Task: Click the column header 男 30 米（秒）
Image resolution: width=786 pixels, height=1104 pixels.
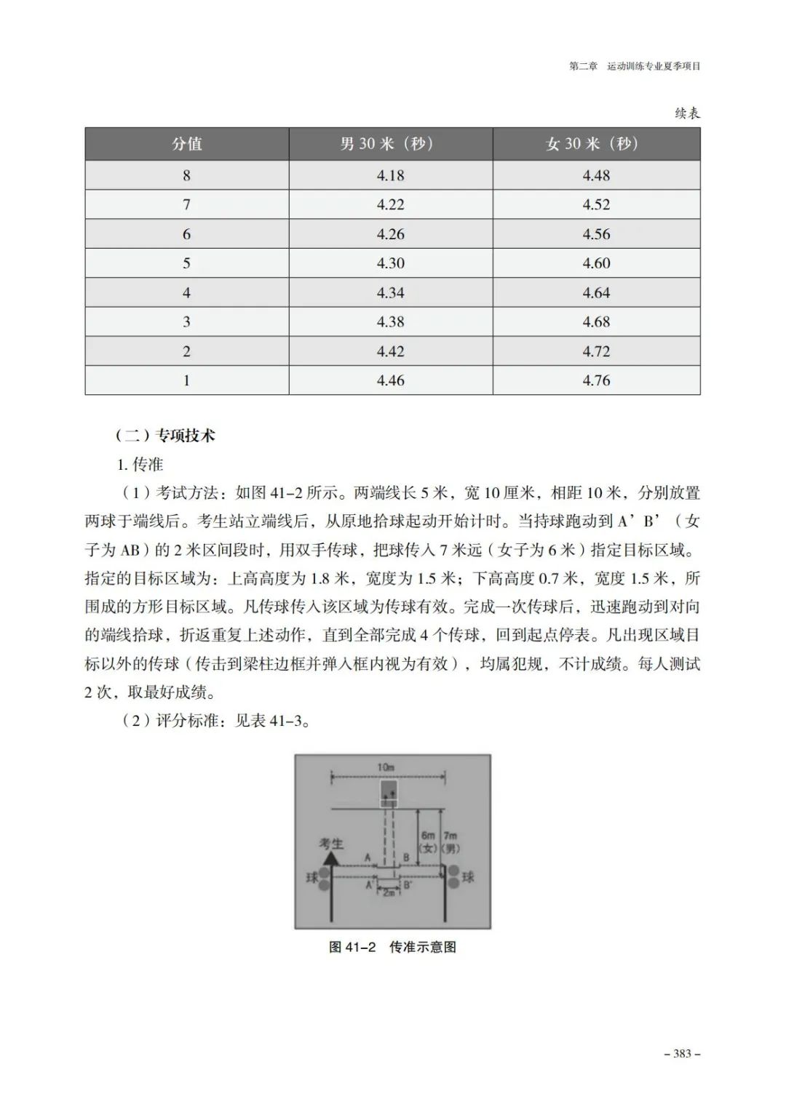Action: tap(391, 144)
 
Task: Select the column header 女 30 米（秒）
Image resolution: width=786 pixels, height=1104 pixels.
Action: tap(596, 144)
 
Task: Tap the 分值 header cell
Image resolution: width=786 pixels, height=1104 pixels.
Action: tap(187, 144)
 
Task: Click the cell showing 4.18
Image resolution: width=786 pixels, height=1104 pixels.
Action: tap(391, 175)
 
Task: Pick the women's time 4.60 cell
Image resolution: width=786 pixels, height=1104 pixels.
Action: tap(596, 263)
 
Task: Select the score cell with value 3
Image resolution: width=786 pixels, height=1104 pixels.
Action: tap(187, 322)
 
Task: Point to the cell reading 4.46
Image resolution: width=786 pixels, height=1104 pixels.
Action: tap(391, 380)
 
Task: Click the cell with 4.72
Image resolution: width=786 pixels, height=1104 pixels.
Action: tap(596, 351)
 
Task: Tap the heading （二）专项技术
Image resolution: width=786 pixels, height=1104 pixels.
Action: tap(165, 436)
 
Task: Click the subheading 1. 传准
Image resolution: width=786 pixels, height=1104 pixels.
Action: tap(140, 464)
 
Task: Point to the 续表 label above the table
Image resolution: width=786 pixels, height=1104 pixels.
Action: tap(686, 113)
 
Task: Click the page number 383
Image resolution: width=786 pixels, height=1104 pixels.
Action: tap(682, 1054)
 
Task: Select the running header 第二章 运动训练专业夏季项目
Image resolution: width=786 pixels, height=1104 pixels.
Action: tap(635, 66)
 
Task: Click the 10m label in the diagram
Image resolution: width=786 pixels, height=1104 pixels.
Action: tap(386, 768)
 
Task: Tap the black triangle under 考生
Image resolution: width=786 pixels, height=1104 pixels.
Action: tap(331, 859)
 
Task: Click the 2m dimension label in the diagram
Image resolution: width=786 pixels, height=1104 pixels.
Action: tap(389, 892)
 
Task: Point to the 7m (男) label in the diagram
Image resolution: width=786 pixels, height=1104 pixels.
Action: tap(450, 842)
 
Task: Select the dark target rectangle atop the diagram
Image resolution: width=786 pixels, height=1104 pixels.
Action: tap(389, 792)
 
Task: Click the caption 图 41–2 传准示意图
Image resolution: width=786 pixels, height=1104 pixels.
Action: tap(392, 947)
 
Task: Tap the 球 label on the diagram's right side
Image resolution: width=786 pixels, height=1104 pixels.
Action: tap(468, 877)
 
